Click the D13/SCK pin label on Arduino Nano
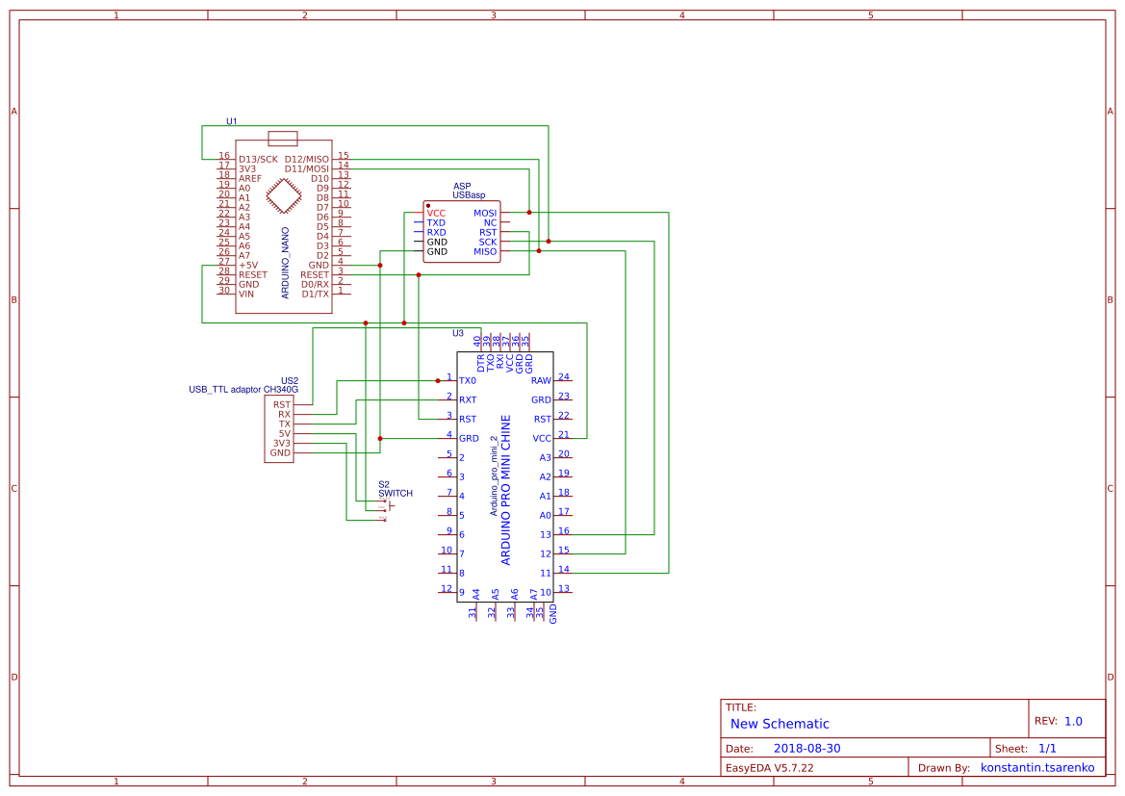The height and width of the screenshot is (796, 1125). point(258,159)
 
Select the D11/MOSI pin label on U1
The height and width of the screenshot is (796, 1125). point(306,168)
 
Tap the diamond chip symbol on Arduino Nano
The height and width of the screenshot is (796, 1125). point(283,196)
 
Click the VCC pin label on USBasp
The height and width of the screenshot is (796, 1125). point(436,213)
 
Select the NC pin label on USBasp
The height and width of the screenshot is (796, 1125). point(490,222)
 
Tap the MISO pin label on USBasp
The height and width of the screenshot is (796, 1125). point(485,251)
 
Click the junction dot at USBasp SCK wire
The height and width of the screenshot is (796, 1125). point(549,242)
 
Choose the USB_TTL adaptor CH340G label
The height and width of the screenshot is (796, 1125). point(243,390)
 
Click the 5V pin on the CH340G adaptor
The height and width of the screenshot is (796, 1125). point(284,433)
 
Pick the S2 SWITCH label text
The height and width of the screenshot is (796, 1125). point(395,489)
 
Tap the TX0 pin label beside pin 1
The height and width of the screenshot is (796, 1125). point(468,381)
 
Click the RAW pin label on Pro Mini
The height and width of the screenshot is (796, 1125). point(541,381)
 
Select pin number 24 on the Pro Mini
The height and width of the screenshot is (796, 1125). point(564,376)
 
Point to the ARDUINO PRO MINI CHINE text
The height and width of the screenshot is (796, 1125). point(506,490)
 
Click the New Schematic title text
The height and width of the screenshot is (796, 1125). point(780,724)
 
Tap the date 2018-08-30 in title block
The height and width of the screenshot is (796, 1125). point(806,748)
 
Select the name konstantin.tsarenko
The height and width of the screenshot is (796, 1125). point(1036,768)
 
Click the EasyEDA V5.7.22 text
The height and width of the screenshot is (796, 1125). point(769,768)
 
